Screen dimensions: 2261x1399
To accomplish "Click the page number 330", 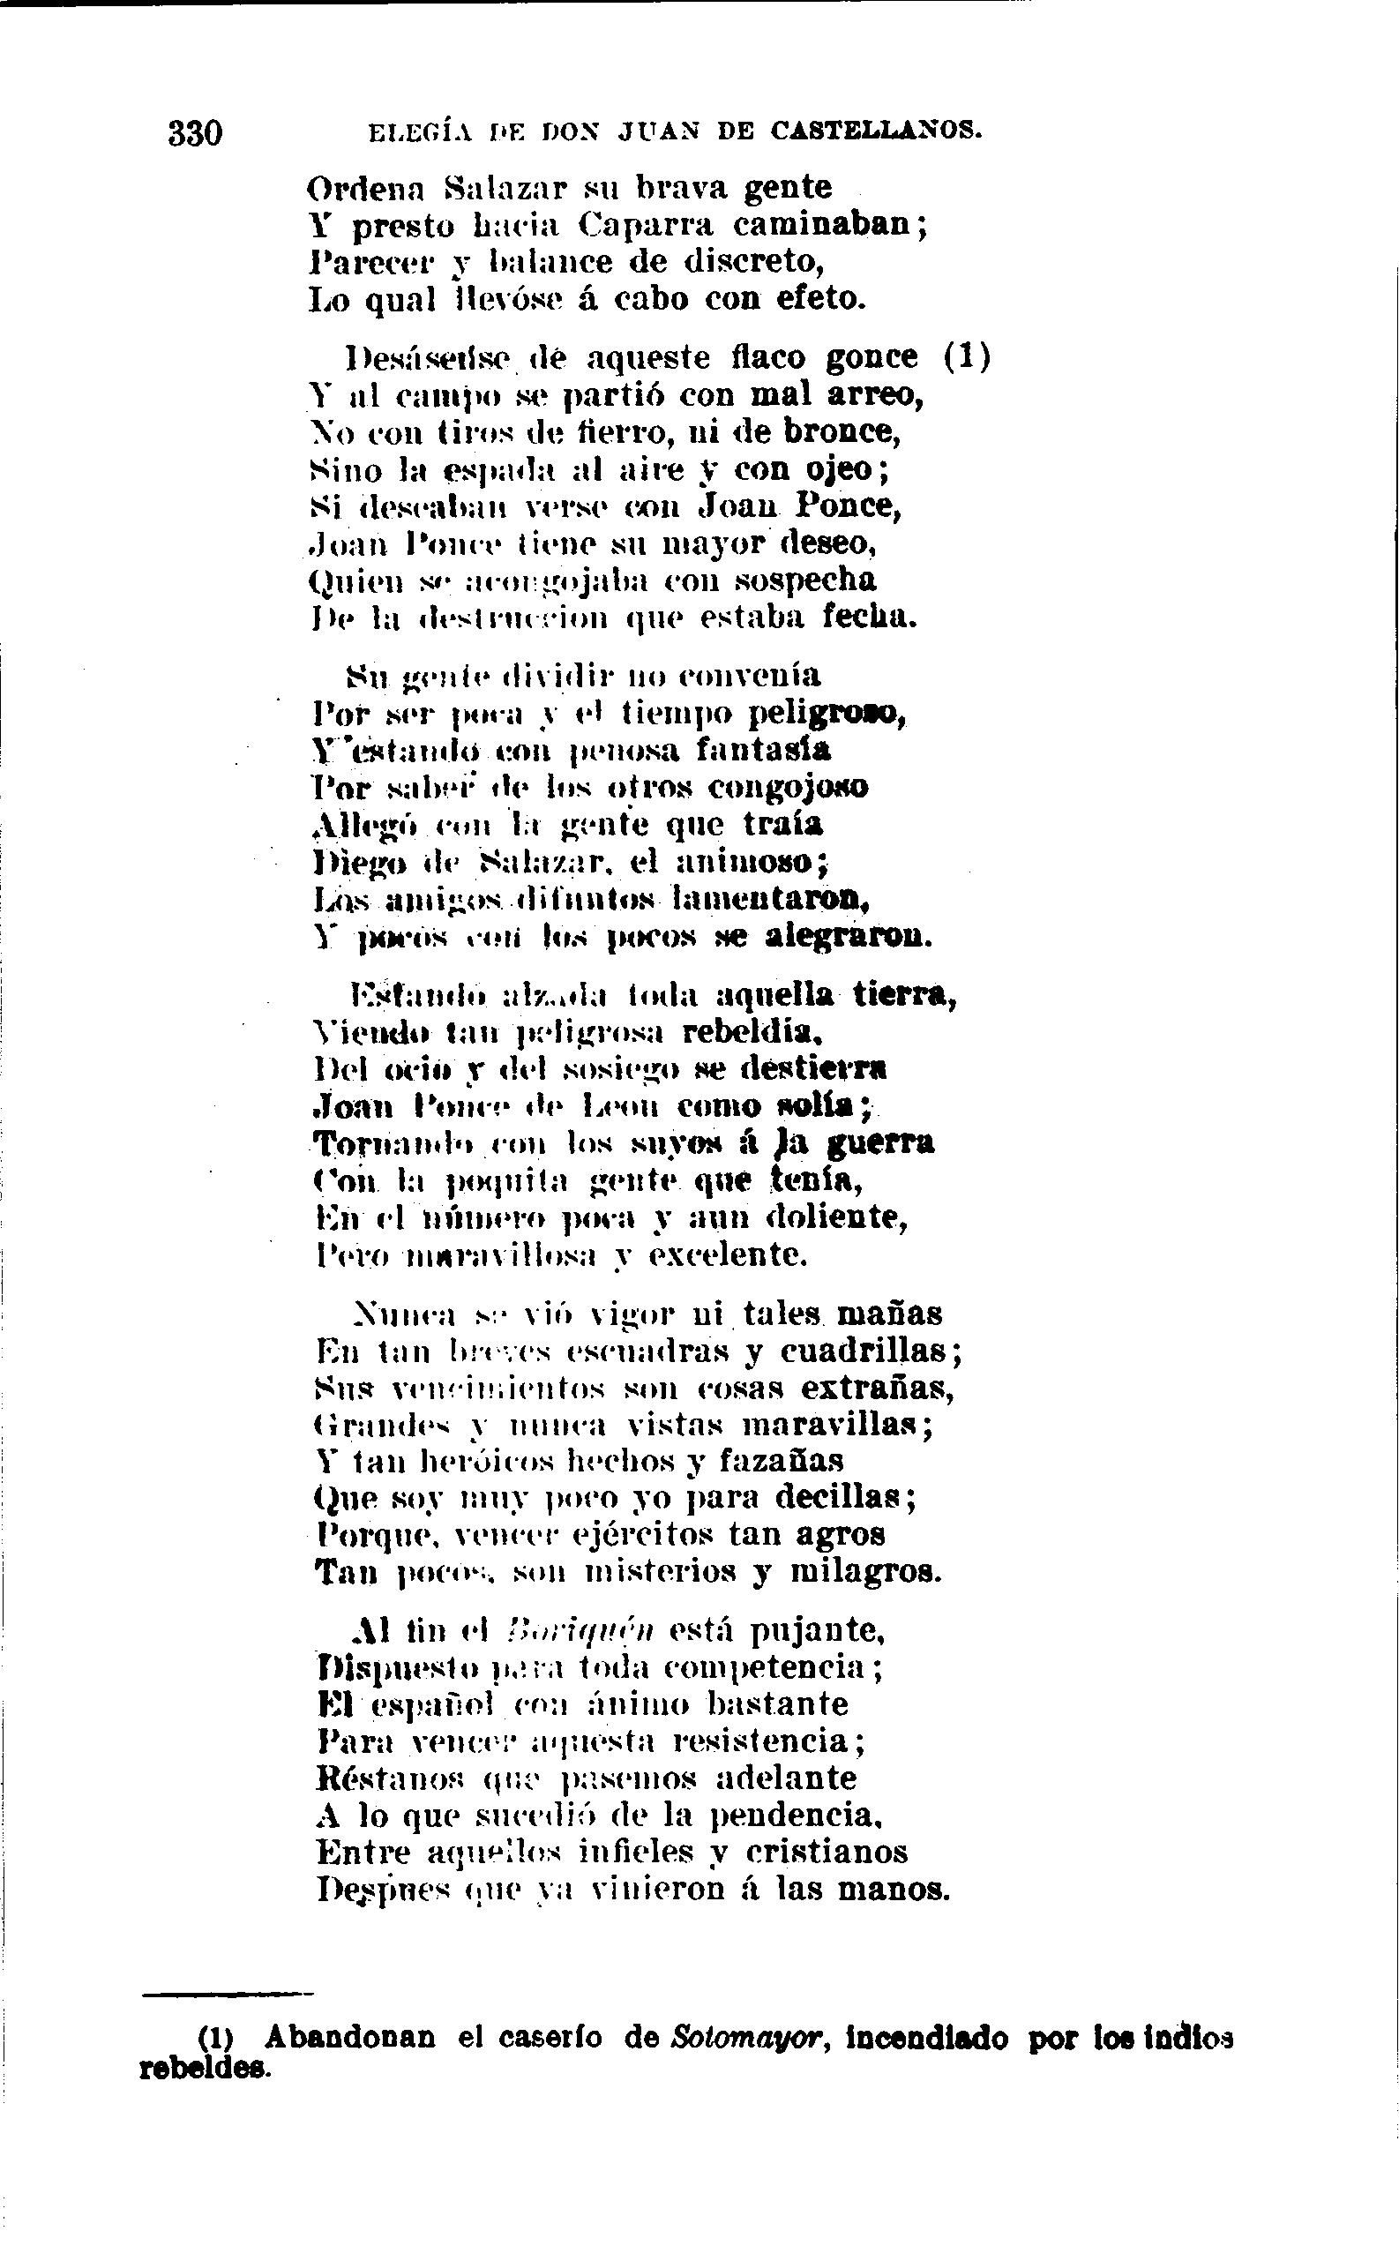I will coord(195,133).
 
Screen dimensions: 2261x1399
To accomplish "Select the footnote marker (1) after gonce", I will coord(967,356).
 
